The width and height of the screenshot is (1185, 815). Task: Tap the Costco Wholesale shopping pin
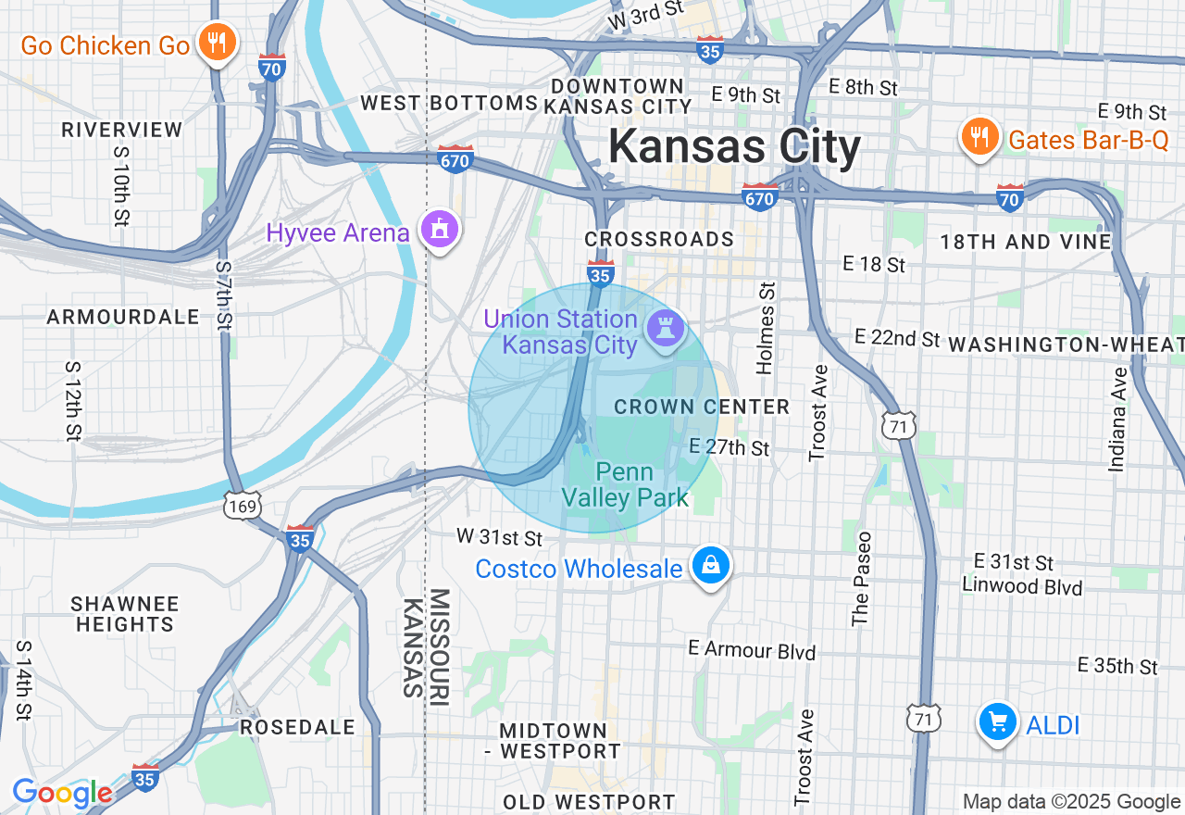click(711, 564)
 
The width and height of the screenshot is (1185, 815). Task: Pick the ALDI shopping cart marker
click(997, 721)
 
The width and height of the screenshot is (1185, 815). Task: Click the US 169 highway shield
click(241, 506)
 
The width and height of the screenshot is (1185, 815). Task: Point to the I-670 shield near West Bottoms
click(455, 159)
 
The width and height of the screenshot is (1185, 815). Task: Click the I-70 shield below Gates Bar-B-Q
click(1010, 197)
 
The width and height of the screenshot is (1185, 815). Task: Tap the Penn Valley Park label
click(626, 484)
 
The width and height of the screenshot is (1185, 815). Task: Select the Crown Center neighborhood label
click(702, 407)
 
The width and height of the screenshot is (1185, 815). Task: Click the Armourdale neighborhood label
click(123, 317)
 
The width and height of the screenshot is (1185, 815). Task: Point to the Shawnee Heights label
click(125, 614)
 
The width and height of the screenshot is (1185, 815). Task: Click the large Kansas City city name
click(734, 147)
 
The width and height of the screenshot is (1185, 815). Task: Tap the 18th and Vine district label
click(1026, 243)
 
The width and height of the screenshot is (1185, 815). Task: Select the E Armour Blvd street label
click(752, 650)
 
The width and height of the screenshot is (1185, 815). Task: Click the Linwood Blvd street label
click(1021, 586)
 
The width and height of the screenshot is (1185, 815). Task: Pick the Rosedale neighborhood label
click(297, 727)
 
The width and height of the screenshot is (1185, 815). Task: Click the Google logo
click(61, 794)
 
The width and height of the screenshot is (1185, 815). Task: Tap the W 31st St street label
click(499, 538)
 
